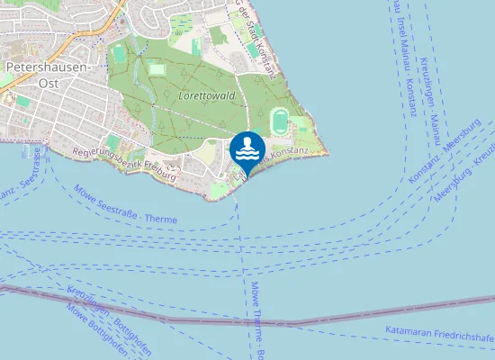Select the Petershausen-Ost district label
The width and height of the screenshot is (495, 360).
(x=47, y=75)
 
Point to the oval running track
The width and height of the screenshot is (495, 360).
(x=280, y=118)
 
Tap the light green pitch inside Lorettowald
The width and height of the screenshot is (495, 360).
(x=157, y=68)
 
